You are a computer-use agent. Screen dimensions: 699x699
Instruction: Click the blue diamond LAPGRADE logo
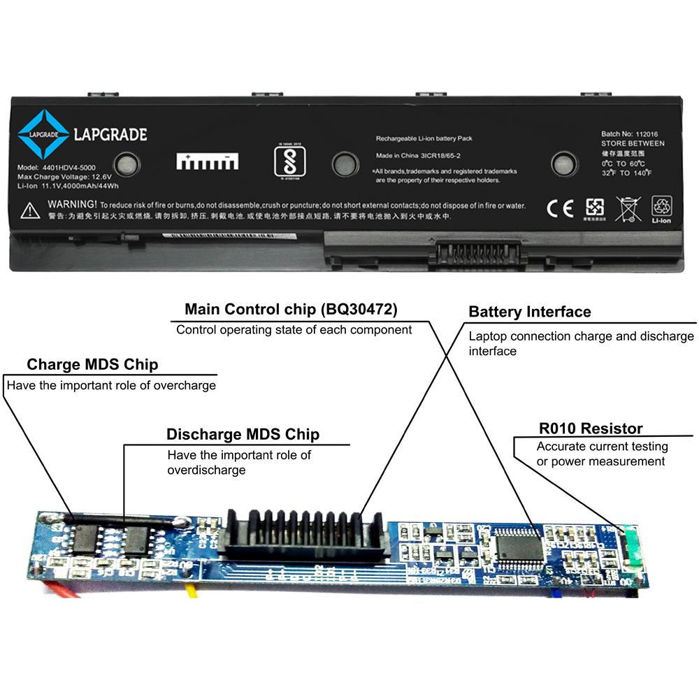point(43,134)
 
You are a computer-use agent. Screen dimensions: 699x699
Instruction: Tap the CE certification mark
point(560,208)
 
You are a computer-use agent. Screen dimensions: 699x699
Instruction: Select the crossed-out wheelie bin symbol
point(627,208)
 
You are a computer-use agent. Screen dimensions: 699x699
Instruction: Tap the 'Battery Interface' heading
point(529,312)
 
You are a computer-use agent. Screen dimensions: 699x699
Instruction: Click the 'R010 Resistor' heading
point(590,428)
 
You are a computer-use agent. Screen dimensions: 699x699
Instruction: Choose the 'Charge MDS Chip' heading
point(92,364)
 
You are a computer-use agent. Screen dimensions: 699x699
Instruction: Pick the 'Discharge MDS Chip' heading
point(243,434)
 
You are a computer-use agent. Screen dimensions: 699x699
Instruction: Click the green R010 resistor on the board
point(632,546)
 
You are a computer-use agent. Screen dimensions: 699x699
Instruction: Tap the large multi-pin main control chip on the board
point(519,547)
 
